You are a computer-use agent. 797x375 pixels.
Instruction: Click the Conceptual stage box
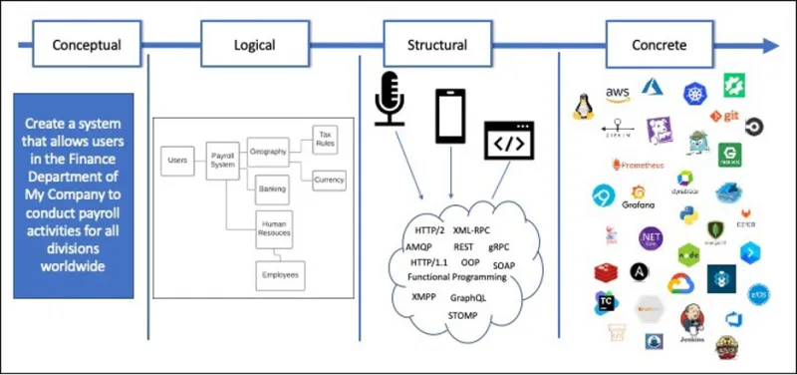[x=87, y=45]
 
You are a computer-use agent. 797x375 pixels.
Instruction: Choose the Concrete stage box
[x=659, y=45]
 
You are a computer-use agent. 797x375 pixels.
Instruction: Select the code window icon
[x=509, y=143]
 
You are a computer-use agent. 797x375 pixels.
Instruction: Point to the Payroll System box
[x=221, y=162]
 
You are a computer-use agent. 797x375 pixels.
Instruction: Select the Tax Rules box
[x=324, y=139]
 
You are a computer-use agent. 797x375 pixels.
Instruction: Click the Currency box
[x=328, y=181]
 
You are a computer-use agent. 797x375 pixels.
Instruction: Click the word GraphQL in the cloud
[x=468, y=298]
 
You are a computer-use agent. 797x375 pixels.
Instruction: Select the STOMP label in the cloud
[x=462, y=315]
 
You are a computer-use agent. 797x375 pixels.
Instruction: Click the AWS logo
[x=618, y=94]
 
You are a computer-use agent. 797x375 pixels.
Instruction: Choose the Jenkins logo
[x=694, y=324]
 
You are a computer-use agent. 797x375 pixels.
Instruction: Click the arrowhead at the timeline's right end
[x=770, y=46]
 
